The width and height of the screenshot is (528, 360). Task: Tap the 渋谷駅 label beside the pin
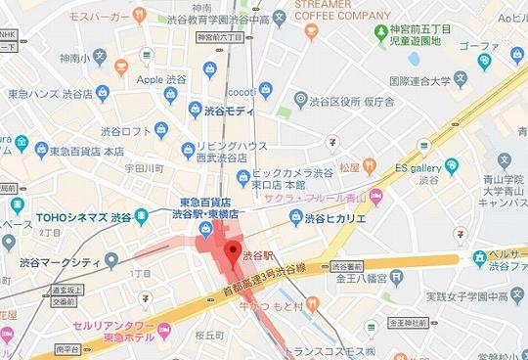tap(258, 253)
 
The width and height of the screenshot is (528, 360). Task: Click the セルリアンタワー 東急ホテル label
tap(96, 327)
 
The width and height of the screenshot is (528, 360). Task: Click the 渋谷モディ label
tap(230, 113)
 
